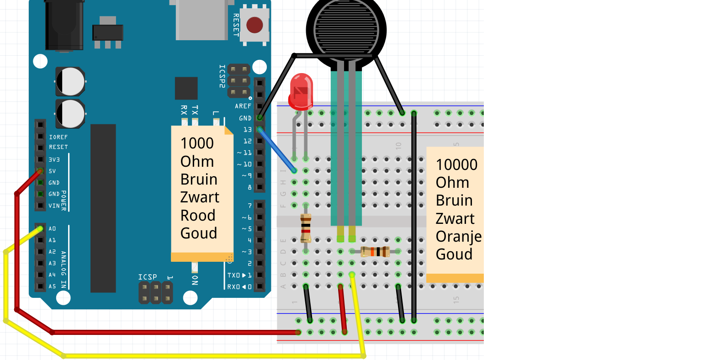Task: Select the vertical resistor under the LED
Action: pos(306,227)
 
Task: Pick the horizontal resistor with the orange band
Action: pos(375,251)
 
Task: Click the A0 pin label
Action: pos(53,228)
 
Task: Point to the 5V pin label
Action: pos(53,171)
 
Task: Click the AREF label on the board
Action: pos(243,106)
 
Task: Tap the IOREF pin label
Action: pos(58,137)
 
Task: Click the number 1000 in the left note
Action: pos(197,143)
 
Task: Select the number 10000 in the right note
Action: pos(456,165)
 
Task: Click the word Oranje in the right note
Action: pos(458,237)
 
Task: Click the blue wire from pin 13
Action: pos(277,150)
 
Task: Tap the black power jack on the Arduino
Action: pos(64,25)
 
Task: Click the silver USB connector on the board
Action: pos(201,21)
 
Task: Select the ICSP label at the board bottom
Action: pos(148,277)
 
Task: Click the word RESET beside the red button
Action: pos(236,25)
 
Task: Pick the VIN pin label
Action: pos(54,206)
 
